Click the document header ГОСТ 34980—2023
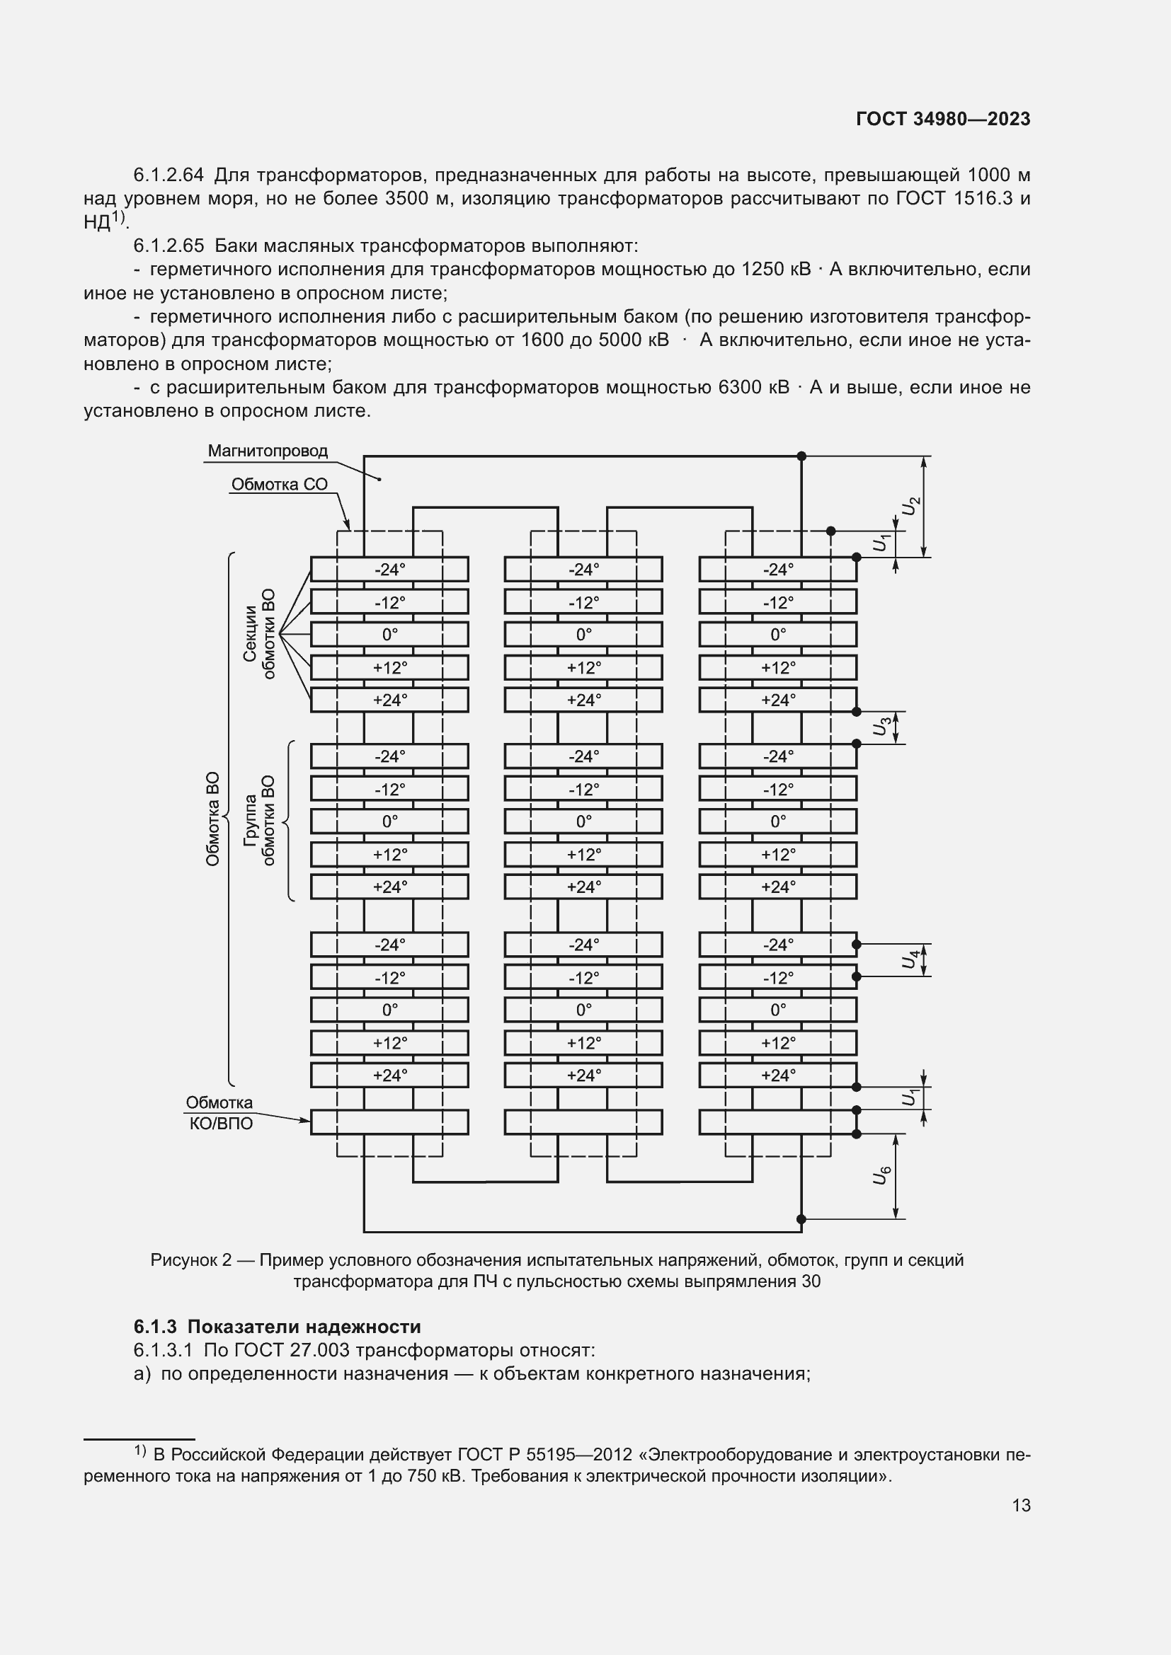(942, 119)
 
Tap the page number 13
(1021, 1505)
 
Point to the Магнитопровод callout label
(268, 451)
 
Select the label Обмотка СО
(279, 485)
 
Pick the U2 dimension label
(910, 506)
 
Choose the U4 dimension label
(910, 959)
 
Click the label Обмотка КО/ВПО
(220, 1113)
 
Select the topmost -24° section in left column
(389, 570)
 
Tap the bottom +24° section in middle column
(583, 1076)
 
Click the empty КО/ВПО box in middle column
(583, 1121)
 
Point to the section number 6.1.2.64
(168, 175)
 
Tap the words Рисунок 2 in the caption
(191, 1260)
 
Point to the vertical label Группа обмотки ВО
(259, 820)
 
